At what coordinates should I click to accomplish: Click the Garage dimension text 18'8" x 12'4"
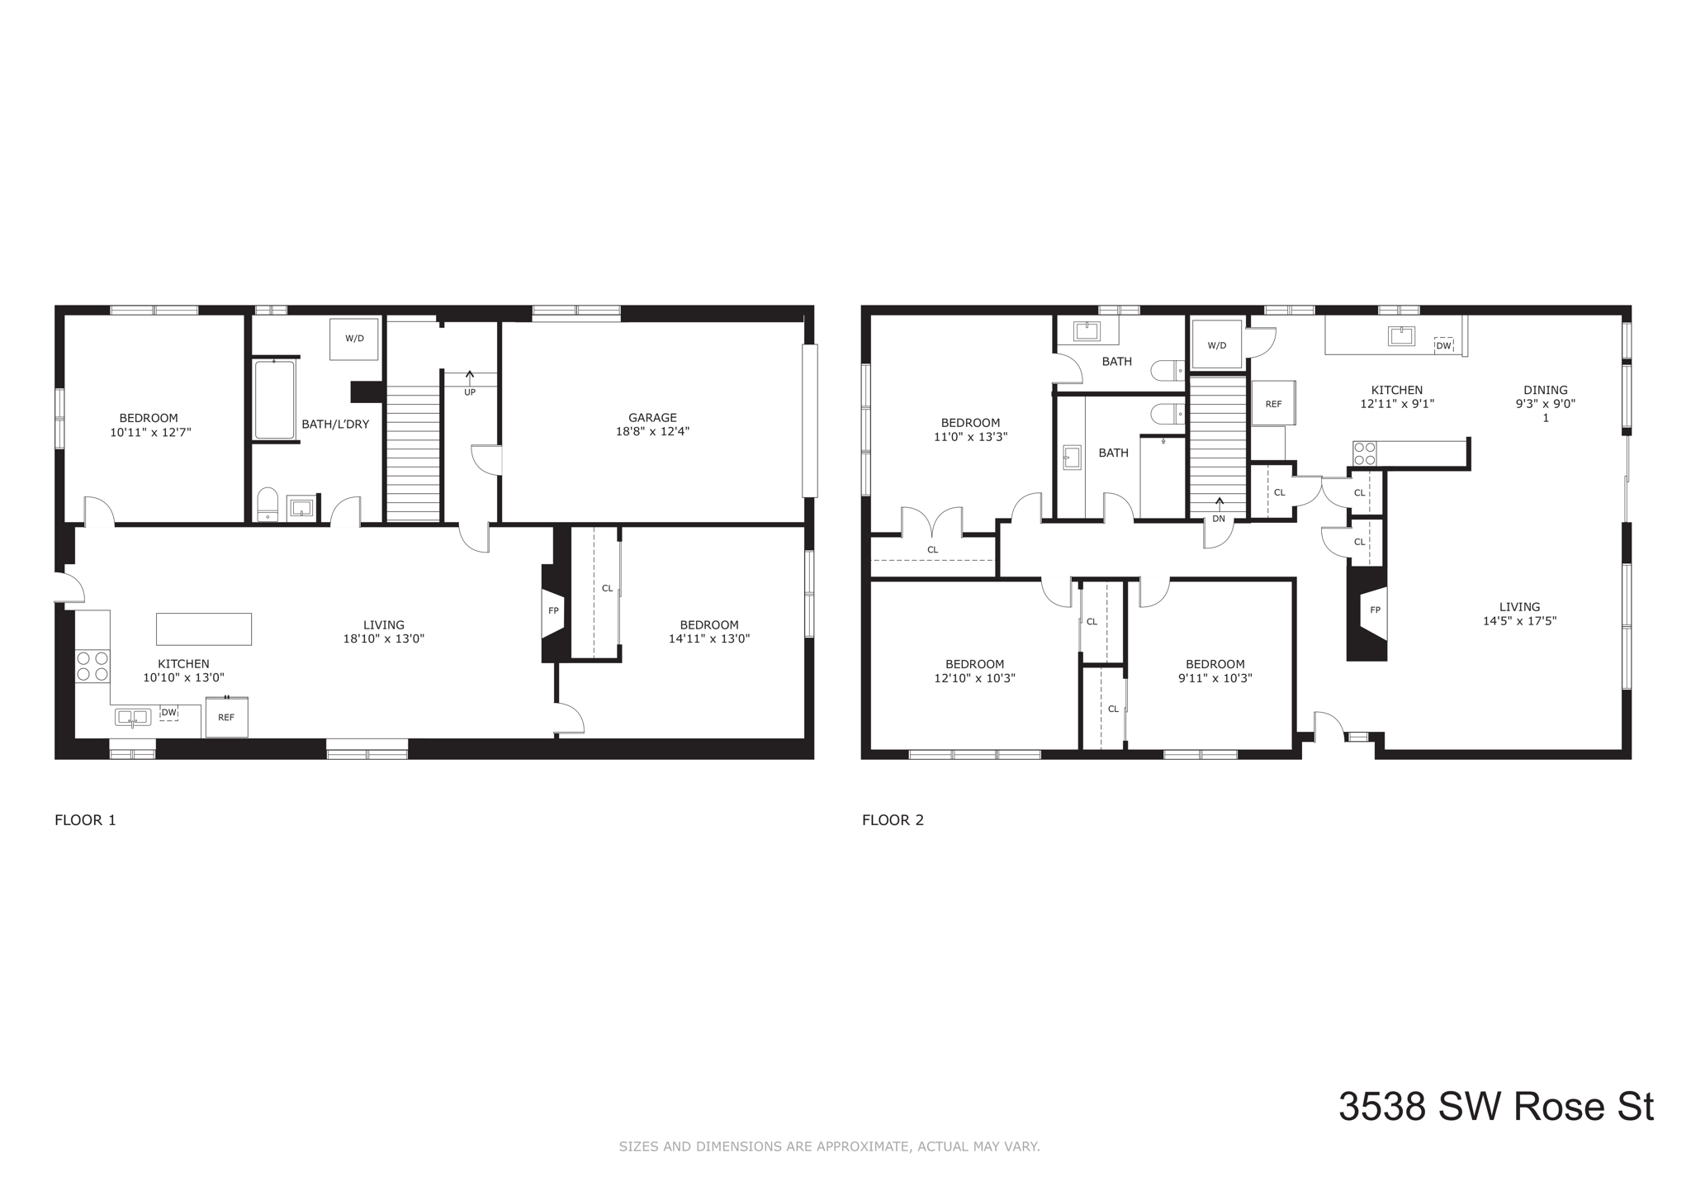651,431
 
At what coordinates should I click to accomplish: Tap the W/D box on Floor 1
354,339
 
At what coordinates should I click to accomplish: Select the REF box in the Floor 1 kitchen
226,717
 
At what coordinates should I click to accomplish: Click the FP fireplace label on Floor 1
553,610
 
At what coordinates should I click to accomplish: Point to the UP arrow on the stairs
470,378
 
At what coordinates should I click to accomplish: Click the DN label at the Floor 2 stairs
1219,519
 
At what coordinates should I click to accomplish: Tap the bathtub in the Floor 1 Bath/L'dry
274,400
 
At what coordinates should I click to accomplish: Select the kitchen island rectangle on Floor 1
204,629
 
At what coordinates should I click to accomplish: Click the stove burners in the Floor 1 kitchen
92,666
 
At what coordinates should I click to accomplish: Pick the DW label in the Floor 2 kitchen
1443,345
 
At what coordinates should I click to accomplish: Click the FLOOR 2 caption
893,820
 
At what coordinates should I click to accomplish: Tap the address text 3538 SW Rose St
1495,1107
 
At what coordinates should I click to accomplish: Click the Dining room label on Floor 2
1545,390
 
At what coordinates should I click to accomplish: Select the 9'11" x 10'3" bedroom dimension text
1215,678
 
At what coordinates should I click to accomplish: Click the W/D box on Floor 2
1217,344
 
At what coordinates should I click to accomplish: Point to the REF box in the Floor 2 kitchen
1273,403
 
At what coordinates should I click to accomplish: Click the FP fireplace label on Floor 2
1375,610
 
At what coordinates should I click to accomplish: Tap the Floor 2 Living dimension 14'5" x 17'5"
1519,621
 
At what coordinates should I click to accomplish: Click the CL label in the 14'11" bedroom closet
607,588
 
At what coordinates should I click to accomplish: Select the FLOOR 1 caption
85,820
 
